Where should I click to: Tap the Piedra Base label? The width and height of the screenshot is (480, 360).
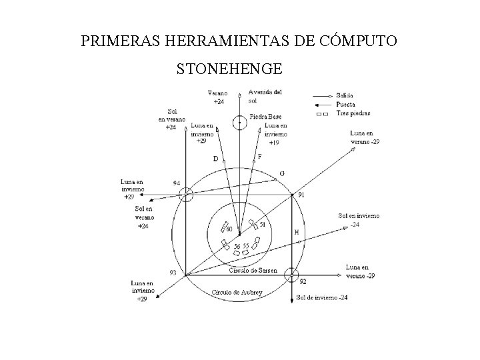coord(265,117)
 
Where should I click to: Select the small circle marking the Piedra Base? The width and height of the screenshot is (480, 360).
coord(239,122)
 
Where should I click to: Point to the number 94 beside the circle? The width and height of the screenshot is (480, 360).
coord(176,183)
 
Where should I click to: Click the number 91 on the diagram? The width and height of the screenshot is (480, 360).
coord(301,195)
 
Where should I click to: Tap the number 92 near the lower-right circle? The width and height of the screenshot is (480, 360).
coord(303,283)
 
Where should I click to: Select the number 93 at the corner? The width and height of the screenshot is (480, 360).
coord(173,272)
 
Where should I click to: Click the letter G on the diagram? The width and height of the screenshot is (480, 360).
coord(283,173)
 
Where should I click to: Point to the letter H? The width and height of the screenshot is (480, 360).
coord(297,233)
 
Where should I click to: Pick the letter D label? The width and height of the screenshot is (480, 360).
coord(215,159)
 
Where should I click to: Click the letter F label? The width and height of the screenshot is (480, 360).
coord(259,157)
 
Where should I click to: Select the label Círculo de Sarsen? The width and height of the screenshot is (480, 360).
coord(253,271)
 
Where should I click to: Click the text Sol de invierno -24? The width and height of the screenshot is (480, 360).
coord(322,297)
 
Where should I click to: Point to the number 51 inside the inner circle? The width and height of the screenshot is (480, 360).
coord(263,225)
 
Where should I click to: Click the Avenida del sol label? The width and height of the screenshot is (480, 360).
coord(265,96)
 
